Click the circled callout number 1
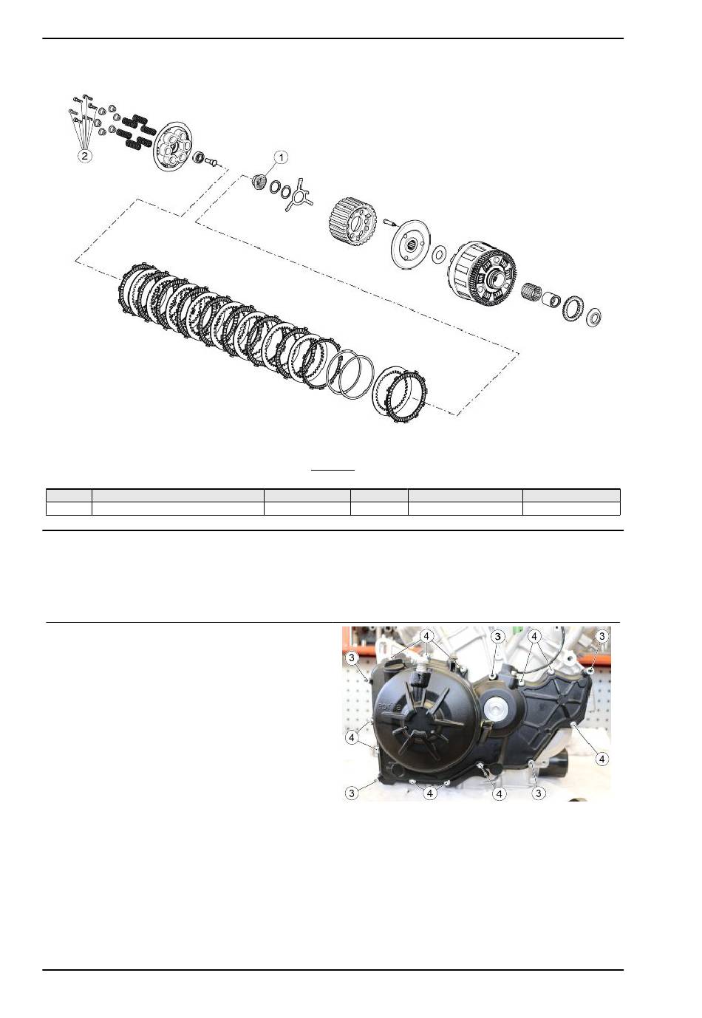click(281, 157)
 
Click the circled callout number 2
click(84, 156)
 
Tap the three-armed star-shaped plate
click(297, 194)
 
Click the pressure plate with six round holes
click(171, 147)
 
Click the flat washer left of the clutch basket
click(440, 254)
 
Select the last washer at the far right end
click(594, 317)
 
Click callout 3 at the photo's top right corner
click(602, 635)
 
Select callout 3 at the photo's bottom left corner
click(352, 793)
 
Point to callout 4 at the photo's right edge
click(602, 759)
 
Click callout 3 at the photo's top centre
click(498, 636)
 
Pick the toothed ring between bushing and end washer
click(573, 307)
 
